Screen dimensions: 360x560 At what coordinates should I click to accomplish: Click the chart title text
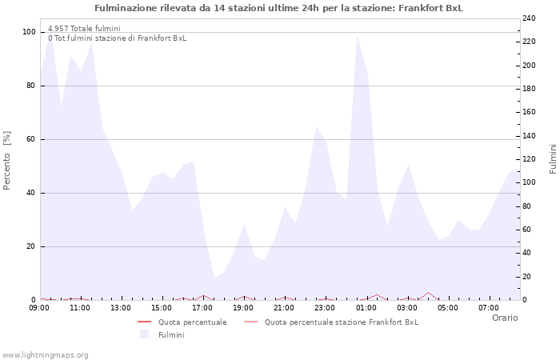278,8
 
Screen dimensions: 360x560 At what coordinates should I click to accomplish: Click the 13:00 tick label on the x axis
122,307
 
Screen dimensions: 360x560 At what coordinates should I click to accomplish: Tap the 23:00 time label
325,307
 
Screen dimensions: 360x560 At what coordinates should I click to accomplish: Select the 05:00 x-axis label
447,307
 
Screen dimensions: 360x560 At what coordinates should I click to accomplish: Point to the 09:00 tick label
40,307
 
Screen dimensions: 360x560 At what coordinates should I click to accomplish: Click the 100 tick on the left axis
29,32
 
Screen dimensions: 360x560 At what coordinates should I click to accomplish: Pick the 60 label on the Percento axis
31,139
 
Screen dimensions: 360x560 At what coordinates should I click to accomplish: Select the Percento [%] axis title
8,160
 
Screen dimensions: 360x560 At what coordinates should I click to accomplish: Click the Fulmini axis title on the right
553,158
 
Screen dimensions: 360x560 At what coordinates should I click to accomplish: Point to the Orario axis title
504,318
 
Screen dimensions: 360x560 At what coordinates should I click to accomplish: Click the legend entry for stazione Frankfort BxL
341,322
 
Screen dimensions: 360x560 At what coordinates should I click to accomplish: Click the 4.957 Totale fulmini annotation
84,29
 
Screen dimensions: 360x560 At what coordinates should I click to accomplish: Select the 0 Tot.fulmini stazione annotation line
117,38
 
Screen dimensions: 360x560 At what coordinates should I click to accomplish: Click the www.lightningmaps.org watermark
46,355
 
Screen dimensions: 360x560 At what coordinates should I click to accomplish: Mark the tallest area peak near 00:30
357,37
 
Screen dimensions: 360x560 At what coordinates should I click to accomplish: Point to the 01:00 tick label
366,307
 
